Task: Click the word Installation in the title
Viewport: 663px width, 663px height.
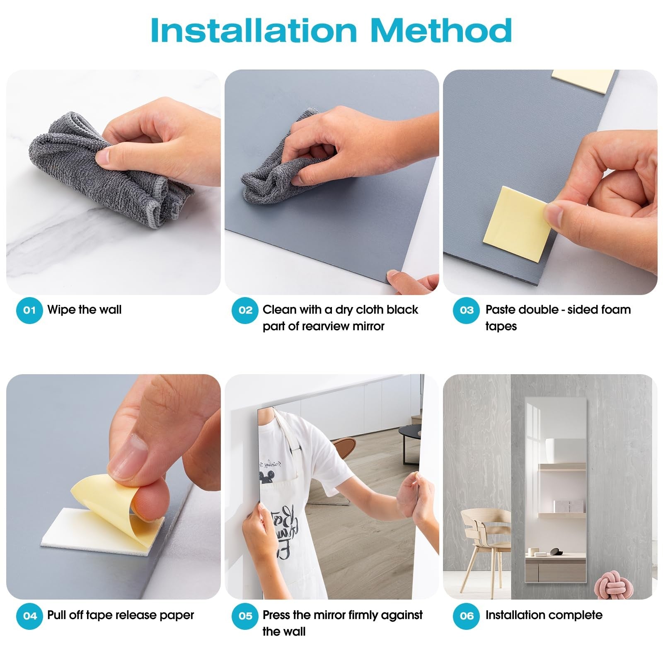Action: point(254,30)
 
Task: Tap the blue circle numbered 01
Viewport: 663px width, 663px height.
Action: point(29,310)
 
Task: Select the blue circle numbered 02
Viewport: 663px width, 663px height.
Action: point(245,310)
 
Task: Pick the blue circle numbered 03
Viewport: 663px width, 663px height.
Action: point(466,310)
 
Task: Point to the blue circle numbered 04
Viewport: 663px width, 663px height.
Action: point(29,616)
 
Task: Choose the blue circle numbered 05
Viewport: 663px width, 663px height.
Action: point(245,616)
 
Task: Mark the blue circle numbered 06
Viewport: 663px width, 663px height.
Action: point(466,616)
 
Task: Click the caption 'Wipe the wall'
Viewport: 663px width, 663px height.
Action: point(85,310)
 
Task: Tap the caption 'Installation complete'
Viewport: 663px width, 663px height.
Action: point(544,615)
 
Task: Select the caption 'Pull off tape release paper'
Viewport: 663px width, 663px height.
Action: point(121,616)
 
